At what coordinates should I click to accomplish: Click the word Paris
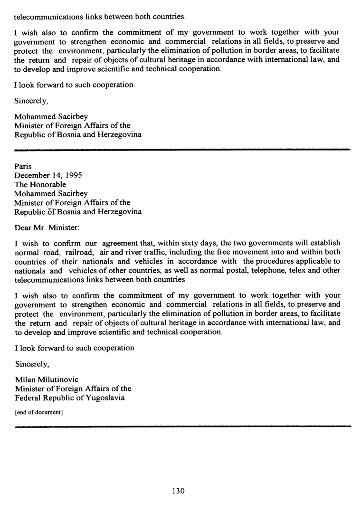click(23, 167)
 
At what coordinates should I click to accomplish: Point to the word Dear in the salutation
click(23, 228)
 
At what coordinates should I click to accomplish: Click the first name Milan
click(24, 379)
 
